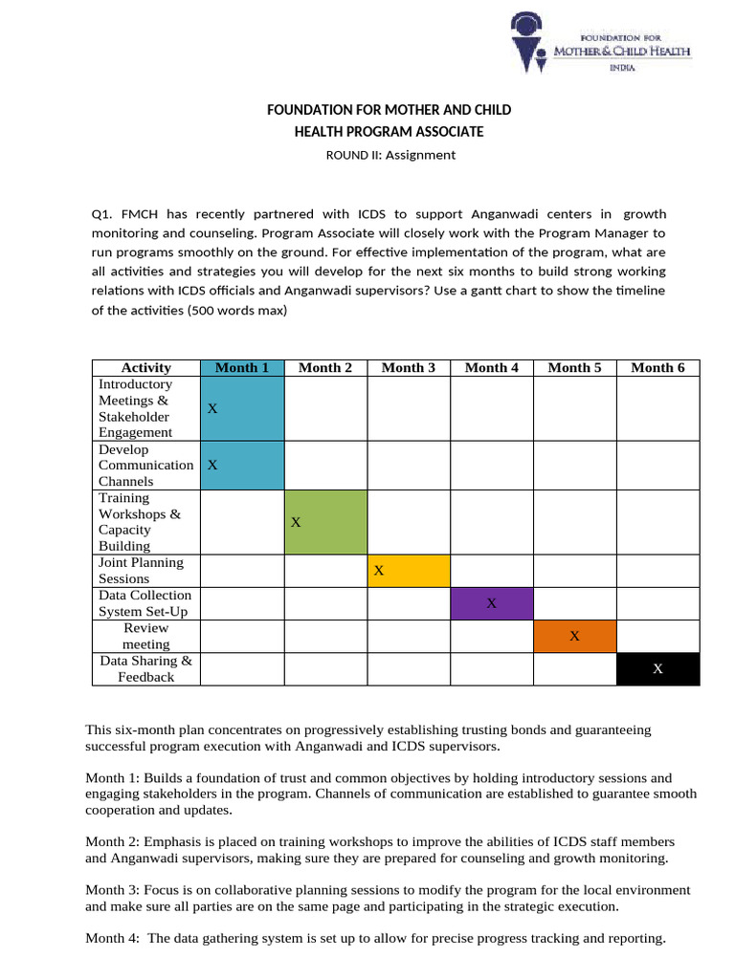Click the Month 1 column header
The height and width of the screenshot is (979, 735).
pos(242,368)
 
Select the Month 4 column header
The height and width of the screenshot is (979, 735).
pos(491,368)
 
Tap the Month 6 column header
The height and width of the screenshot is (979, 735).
pos(657,368)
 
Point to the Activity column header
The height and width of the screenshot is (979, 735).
pos(146,368)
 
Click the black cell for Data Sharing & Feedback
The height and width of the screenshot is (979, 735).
pos(657,669)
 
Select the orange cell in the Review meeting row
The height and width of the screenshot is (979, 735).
pos(574,636)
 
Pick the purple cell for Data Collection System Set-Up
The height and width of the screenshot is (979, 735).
pos(491,603)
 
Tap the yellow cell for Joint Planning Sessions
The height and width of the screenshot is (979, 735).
pos(409,571)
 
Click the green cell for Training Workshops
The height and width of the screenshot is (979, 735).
pos(325,522)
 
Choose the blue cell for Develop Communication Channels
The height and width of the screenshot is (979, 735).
pos(242,465)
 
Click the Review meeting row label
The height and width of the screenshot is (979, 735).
pos(145,636)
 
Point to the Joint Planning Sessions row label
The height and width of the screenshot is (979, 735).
pos(141,571)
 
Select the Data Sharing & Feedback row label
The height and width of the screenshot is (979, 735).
pos(145,669)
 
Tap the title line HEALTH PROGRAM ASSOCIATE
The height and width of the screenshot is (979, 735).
pos(389,132)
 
